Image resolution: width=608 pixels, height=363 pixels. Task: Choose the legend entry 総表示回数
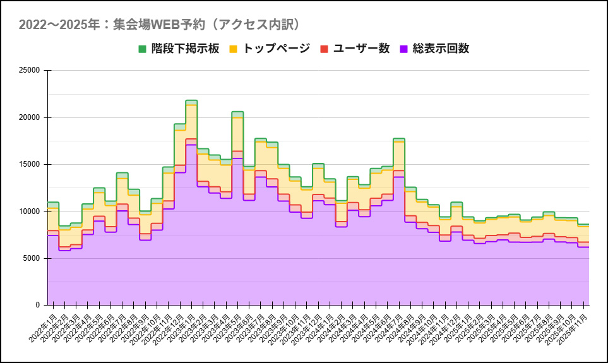tap(441, 49)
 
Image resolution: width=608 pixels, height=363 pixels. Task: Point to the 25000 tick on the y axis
tap(29, 71)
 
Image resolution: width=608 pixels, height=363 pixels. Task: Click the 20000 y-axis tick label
tap(29, 117)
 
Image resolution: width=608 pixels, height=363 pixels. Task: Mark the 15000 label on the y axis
tap(29, 164)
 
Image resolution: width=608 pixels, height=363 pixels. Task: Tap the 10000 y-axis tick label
tap(29, 211)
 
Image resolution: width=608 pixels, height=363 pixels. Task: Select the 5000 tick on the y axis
tap(32, 258)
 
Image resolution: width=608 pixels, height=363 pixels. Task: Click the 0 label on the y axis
tap(38, 305)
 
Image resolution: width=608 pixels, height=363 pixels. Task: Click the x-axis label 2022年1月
tap(44, 326)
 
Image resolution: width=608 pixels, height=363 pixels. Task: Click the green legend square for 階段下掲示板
tap(143, 49)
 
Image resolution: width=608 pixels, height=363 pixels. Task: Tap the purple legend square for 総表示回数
tap(403, 49)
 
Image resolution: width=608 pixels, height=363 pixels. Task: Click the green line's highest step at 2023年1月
tap(191, 100)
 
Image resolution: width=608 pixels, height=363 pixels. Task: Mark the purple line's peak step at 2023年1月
tap(191, 145)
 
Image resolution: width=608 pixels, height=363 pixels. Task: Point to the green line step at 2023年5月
tap(237, 112)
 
